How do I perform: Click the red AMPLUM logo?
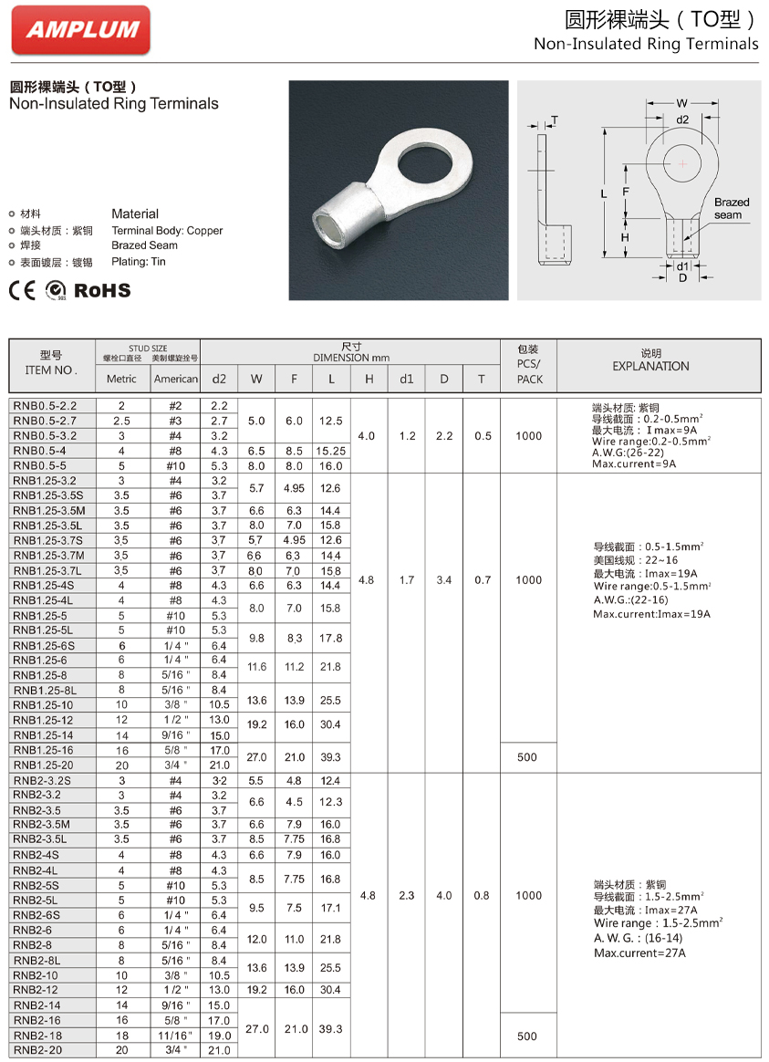[x=81, y=29]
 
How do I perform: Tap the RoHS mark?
[x=101, y=291]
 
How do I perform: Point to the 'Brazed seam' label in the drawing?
[x=731, y=209]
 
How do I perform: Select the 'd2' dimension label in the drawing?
[x=682, y=120]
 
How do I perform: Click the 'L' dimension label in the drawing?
[x=603, y=194]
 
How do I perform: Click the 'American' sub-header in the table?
[x=175, y=379]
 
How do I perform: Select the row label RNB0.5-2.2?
[x=45, y=405]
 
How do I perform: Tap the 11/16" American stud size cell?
[x=175, y=1036]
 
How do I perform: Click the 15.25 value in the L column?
[x=330, y=451]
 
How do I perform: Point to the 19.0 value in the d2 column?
[x=219, y=1036]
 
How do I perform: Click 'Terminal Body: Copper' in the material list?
[x=167, y=231]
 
